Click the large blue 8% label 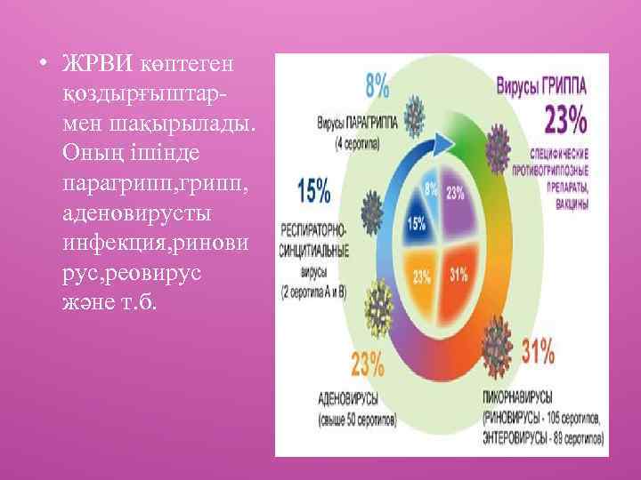pyautogui.click(x=377, y=86)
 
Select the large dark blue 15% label pyautogui.click(x=312, y=190)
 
